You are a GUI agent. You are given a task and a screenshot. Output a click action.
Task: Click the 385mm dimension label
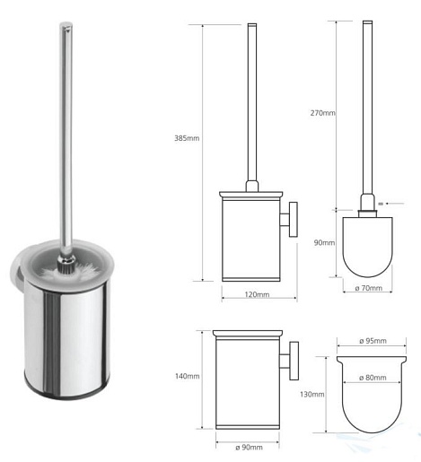[x=187, y=138]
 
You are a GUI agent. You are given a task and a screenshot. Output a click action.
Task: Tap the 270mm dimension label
[x=322, y=113]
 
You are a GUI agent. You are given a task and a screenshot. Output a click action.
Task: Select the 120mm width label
[x=257, y=294]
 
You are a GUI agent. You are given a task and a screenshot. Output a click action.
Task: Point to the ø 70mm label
[x=369, y=288]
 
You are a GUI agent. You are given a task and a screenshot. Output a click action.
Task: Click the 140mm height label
[x=188, y=376]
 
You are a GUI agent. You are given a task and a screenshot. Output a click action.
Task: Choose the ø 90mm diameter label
[x=249, y=447]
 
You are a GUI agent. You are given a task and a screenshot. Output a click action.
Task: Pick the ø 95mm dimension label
[x=373, y=341]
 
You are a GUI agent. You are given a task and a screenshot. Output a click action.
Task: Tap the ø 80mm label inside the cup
[x=373, y=378]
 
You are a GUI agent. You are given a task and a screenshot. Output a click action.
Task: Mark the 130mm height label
[x=312, y=395]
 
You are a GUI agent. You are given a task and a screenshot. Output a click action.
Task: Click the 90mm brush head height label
[x=324, y=242]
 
